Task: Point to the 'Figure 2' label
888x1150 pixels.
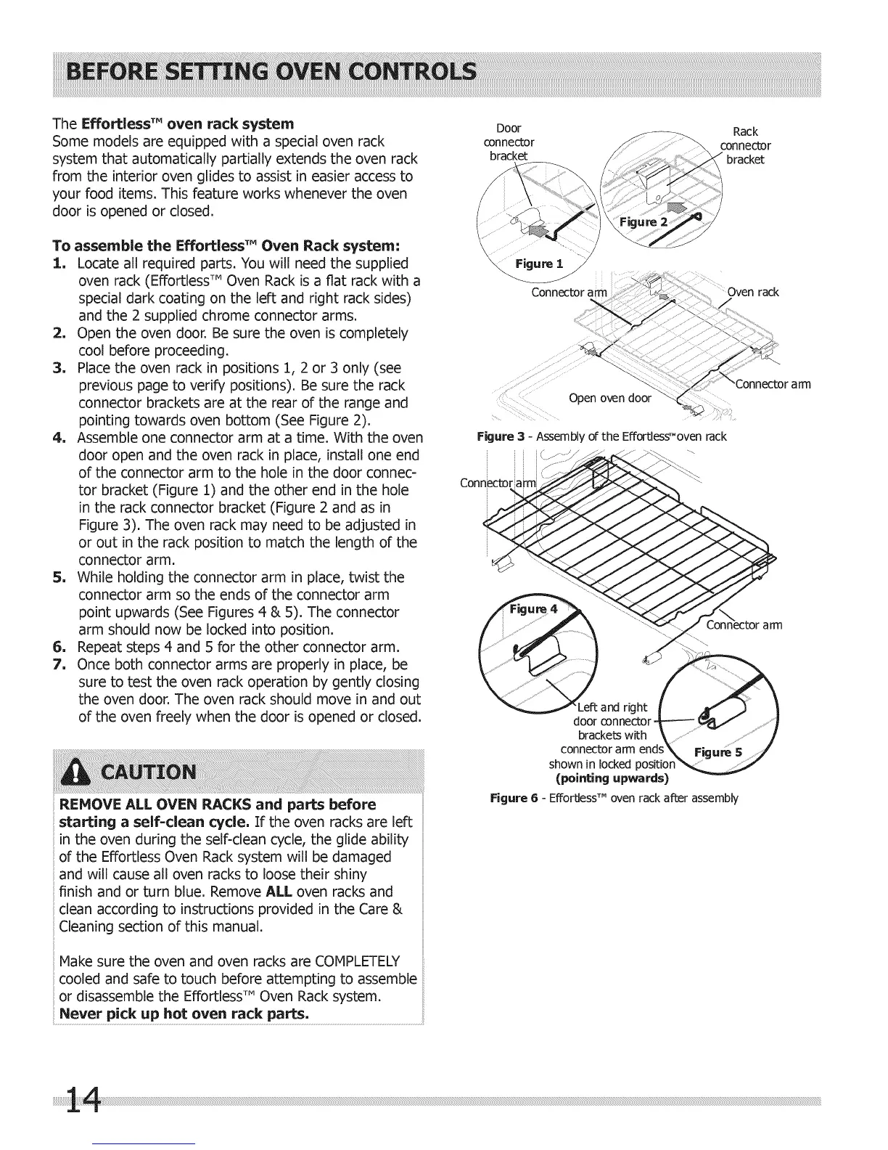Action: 644,221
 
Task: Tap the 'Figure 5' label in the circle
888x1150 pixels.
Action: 718,752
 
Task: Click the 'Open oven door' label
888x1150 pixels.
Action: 610,398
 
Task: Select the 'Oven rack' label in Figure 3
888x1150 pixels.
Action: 754,292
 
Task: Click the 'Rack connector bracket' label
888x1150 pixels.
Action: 745,145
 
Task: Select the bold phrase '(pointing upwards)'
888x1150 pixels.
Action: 611,778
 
